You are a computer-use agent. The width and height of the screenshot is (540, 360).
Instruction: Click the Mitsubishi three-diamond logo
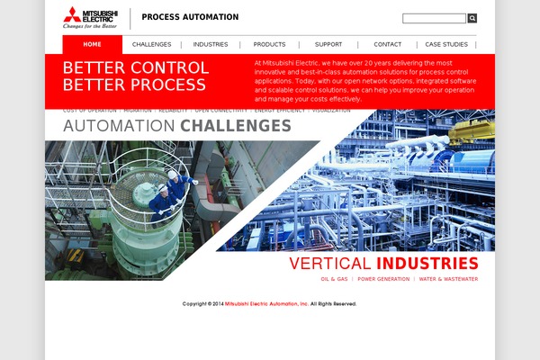pos(71,13)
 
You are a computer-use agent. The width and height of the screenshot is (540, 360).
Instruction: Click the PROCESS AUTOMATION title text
pos(190,17)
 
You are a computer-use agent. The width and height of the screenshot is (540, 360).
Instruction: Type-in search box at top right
pos(434,18)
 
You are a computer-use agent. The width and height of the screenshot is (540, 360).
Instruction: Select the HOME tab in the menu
pos(92,44)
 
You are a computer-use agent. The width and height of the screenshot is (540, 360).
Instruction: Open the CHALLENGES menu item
pos(151,44)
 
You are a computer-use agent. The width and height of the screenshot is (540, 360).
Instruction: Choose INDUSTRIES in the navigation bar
pos(211,44)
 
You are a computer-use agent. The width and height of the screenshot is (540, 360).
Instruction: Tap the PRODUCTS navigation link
pos(269,44)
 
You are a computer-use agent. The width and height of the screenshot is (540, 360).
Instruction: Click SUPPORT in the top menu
pos(328,44)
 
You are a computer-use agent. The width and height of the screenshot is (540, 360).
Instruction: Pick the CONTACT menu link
pos(387,44)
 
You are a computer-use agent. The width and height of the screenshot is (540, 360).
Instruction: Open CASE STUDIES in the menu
pos(446,44)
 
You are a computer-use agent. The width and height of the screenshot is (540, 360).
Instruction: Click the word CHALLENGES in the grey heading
pos(236,126)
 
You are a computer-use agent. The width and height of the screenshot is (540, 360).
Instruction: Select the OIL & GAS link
pos(335,279)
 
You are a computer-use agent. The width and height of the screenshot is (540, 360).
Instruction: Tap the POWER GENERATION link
pos(382,279)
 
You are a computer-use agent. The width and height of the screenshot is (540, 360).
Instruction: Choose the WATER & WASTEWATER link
pos(448,279)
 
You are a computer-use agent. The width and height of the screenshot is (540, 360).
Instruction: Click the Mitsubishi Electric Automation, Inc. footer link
pos(266,304)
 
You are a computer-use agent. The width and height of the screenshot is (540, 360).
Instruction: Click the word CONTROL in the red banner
pos(167,67)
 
